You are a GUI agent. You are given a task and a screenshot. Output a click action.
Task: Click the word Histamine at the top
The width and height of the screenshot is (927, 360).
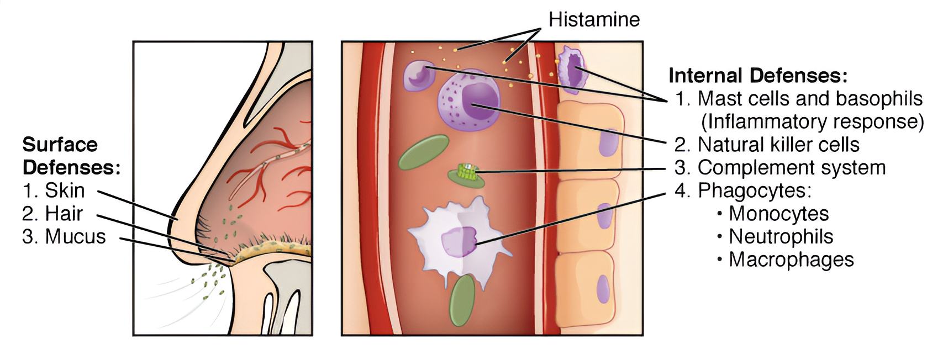click(594, 20)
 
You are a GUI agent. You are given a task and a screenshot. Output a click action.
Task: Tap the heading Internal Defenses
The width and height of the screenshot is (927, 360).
click(757, 75)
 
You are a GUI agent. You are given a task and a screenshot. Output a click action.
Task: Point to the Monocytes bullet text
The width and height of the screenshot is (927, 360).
click(778, 214)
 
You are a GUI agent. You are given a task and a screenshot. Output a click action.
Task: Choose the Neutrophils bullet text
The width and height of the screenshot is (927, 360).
click(781, 237)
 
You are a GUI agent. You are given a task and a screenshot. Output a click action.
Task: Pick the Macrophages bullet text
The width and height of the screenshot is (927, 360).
click(791, 260)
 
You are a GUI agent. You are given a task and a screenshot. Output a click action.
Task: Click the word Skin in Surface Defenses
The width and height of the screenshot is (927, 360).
click(65, 190)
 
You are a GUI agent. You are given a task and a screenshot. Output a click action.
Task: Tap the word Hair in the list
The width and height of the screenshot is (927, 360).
click(64, 214)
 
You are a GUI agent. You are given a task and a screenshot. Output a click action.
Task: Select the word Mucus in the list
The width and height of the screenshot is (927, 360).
click(75, 237)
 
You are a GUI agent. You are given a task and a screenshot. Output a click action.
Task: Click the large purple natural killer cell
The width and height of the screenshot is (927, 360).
click(470, 100)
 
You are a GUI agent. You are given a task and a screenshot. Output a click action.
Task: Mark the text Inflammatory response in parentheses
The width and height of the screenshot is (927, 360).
click(812, 121)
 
